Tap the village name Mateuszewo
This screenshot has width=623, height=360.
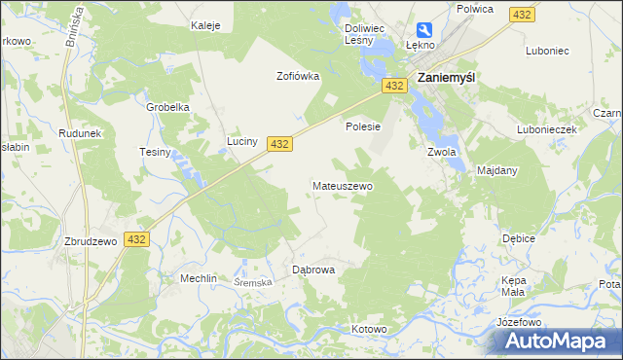pos(342,185)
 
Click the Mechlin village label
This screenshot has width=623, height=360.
pos(198,278)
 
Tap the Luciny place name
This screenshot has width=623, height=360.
pos(241,141)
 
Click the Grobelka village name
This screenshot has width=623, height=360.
pos(166,107)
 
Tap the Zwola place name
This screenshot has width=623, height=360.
pos(442,152)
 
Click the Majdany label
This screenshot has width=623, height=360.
pos(496,170)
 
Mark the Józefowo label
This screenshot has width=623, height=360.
pos(518,321)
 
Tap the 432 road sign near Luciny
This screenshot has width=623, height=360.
pos(279,143)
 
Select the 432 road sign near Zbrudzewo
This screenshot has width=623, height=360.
pos(136,239)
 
